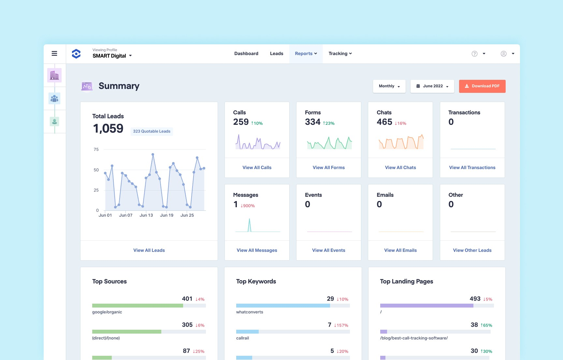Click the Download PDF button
coord(482,86)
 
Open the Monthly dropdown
coord(389,86)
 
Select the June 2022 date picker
coord(432,86)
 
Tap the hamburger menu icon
coord(54,53)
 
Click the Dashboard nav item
coord(246,53)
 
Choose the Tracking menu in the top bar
coord(340,53)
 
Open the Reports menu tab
coord(306,53)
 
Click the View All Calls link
coord(257,167)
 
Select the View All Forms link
coord(328,167)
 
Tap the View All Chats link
coord(400,167)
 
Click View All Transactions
coord(472,167)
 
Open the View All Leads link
coord(149,250)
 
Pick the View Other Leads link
coord(472,250)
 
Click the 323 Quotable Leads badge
coord(152,131)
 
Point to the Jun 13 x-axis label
coord(146,215)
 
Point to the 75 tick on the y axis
coord(96,150)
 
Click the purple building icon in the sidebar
coord(54,76)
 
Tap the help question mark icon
coord(474,54)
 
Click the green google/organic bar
coord(137,306)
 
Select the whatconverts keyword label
coord(250,312)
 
